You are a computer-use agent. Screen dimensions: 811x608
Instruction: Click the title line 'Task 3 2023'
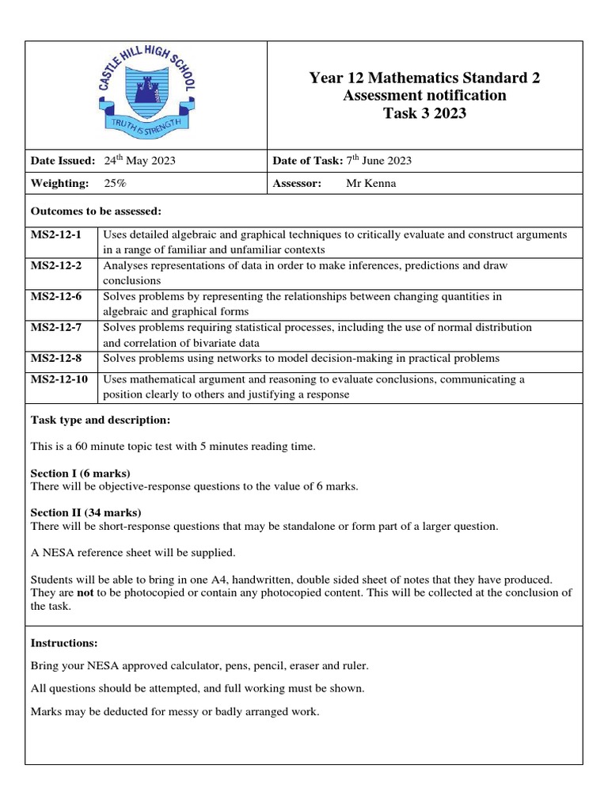point(424,113)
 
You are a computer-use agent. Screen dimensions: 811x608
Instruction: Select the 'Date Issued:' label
point(63,161)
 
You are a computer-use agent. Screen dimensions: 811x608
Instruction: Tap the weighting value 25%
point(115,183)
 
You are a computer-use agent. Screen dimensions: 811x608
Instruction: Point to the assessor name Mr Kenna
point(371,183)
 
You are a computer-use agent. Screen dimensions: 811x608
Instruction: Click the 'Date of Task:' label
point(307,161)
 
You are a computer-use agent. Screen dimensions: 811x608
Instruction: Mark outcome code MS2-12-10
point(59,379)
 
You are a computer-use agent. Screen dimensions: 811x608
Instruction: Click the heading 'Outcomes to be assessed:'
point(96,211)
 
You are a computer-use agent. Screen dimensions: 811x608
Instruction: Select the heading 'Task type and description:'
point(100,419)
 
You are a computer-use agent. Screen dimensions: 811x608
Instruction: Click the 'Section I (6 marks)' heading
point(80,474)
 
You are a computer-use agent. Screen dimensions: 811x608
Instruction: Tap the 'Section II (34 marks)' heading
point(85,512)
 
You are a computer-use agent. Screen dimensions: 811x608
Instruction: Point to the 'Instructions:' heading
point(63,642)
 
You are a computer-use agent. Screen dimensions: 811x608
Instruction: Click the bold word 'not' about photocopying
point(87,592)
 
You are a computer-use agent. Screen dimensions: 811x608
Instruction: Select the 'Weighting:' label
point(59,183)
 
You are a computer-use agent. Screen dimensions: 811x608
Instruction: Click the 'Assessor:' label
point(297,183)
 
